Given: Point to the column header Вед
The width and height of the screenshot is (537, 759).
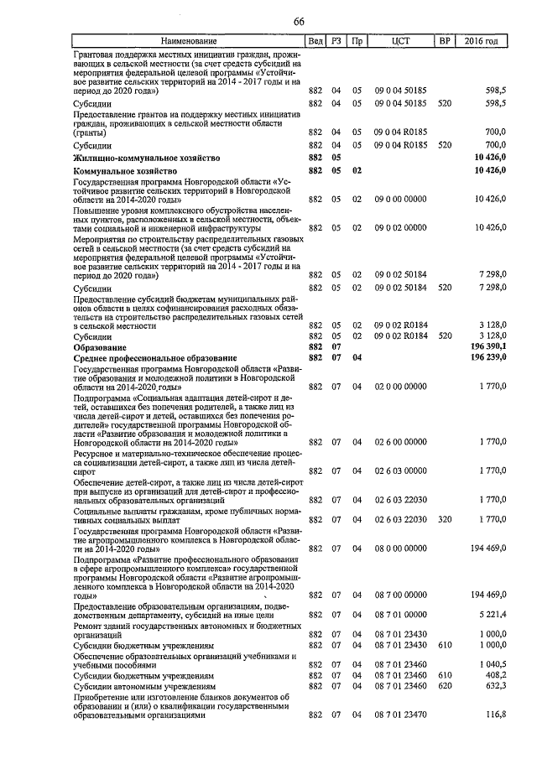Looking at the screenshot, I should tap(315, 41).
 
